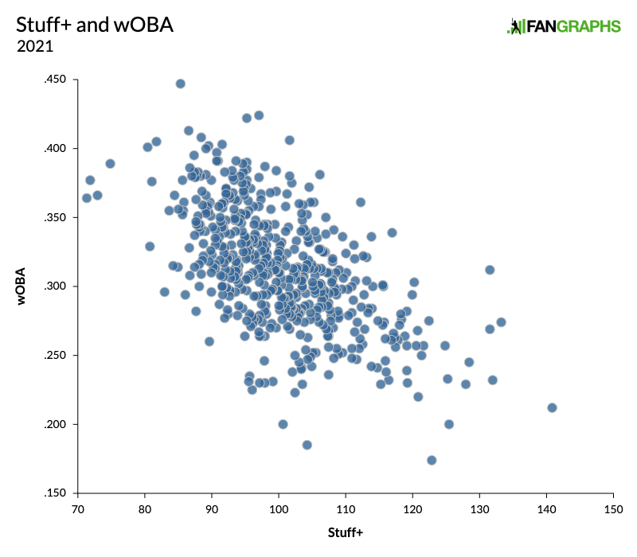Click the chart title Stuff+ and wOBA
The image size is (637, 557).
tap(95, 25)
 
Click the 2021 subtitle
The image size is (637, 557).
tap(34, 46)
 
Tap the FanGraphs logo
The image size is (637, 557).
tap(564, 26)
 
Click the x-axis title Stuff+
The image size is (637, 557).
tap(346, 532)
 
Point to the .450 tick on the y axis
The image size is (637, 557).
tap(57, 80)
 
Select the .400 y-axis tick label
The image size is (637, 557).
tap(57, 149)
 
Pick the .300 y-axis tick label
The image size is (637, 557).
tap(57, 286)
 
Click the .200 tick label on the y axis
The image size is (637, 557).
tap(57, 424)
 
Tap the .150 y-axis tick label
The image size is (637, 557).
tap(57, 493)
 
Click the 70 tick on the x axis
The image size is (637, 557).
tap(78, 508)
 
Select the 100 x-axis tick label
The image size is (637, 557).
tap(279, 508)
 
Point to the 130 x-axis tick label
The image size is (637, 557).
tap(479, 508)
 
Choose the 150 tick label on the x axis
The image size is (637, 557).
tap(613, 508)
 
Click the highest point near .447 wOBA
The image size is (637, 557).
tap(180, 84)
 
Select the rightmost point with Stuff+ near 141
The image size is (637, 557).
tap(552, 407)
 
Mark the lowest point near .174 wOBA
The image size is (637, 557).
tap(432, 460)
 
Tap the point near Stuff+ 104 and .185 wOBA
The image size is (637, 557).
tap(307, 445)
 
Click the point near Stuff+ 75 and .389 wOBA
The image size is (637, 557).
tap(110, 163)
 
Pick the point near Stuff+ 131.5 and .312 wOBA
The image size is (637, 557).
tap(490, 270)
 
